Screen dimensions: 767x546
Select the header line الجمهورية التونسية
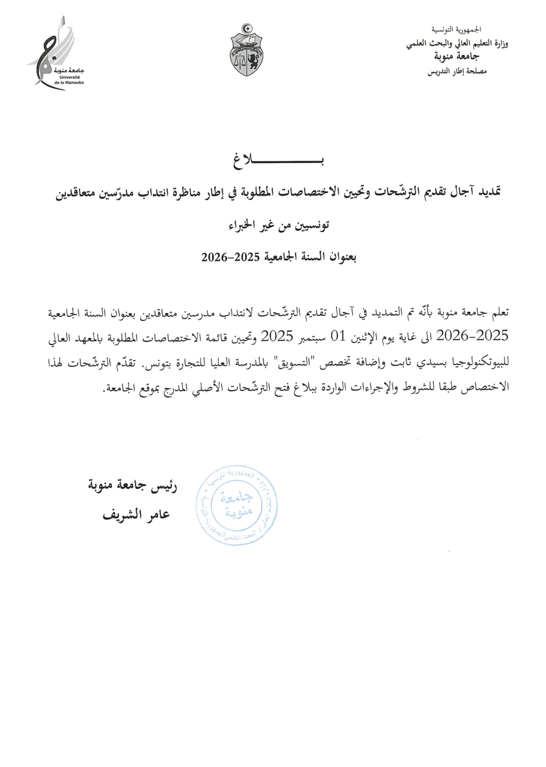456,30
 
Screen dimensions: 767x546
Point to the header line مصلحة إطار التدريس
456,72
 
